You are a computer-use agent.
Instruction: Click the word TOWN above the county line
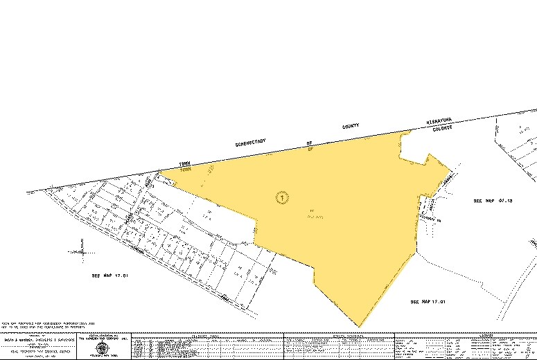pos(184,163)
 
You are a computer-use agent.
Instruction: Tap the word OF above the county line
pos(309,141)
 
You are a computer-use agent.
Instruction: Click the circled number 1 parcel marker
pos(281,197)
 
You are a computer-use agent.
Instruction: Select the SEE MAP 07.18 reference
pos(492,201)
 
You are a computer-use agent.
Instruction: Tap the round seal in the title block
pos(103,348)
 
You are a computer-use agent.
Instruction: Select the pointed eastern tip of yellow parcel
pos(455,168)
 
